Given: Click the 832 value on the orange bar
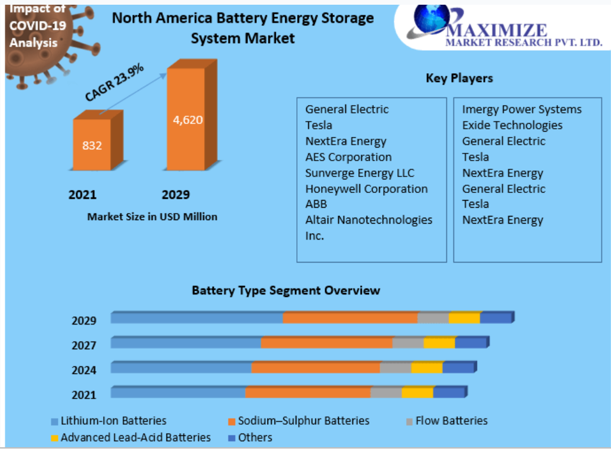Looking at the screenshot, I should [92, 145].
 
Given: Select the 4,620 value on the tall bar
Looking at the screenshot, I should [188, 120].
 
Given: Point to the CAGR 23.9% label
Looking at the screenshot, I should [115, 83].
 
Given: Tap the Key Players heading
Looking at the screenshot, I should [459, 78].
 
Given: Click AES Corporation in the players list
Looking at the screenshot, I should [348, 157].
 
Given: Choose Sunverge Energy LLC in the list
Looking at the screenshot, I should [360, 173].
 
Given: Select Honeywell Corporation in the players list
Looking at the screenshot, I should [366, 189].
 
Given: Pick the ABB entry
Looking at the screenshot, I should [316, 204].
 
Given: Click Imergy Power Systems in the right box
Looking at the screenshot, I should [522, 109].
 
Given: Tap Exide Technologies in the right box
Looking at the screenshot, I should [512, 125].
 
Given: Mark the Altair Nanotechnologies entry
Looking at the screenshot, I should [368, 220].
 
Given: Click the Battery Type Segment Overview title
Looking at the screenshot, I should [286, 290].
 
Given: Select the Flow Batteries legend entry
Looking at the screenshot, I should [451, 421].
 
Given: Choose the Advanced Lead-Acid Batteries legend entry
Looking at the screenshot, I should [135, 437].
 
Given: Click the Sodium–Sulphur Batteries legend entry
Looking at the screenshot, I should [303, 421].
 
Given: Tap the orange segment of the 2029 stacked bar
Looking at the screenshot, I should [350, 318].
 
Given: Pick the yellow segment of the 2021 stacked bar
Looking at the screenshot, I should [417, 393].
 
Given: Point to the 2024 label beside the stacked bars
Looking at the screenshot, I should [84, 370].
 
